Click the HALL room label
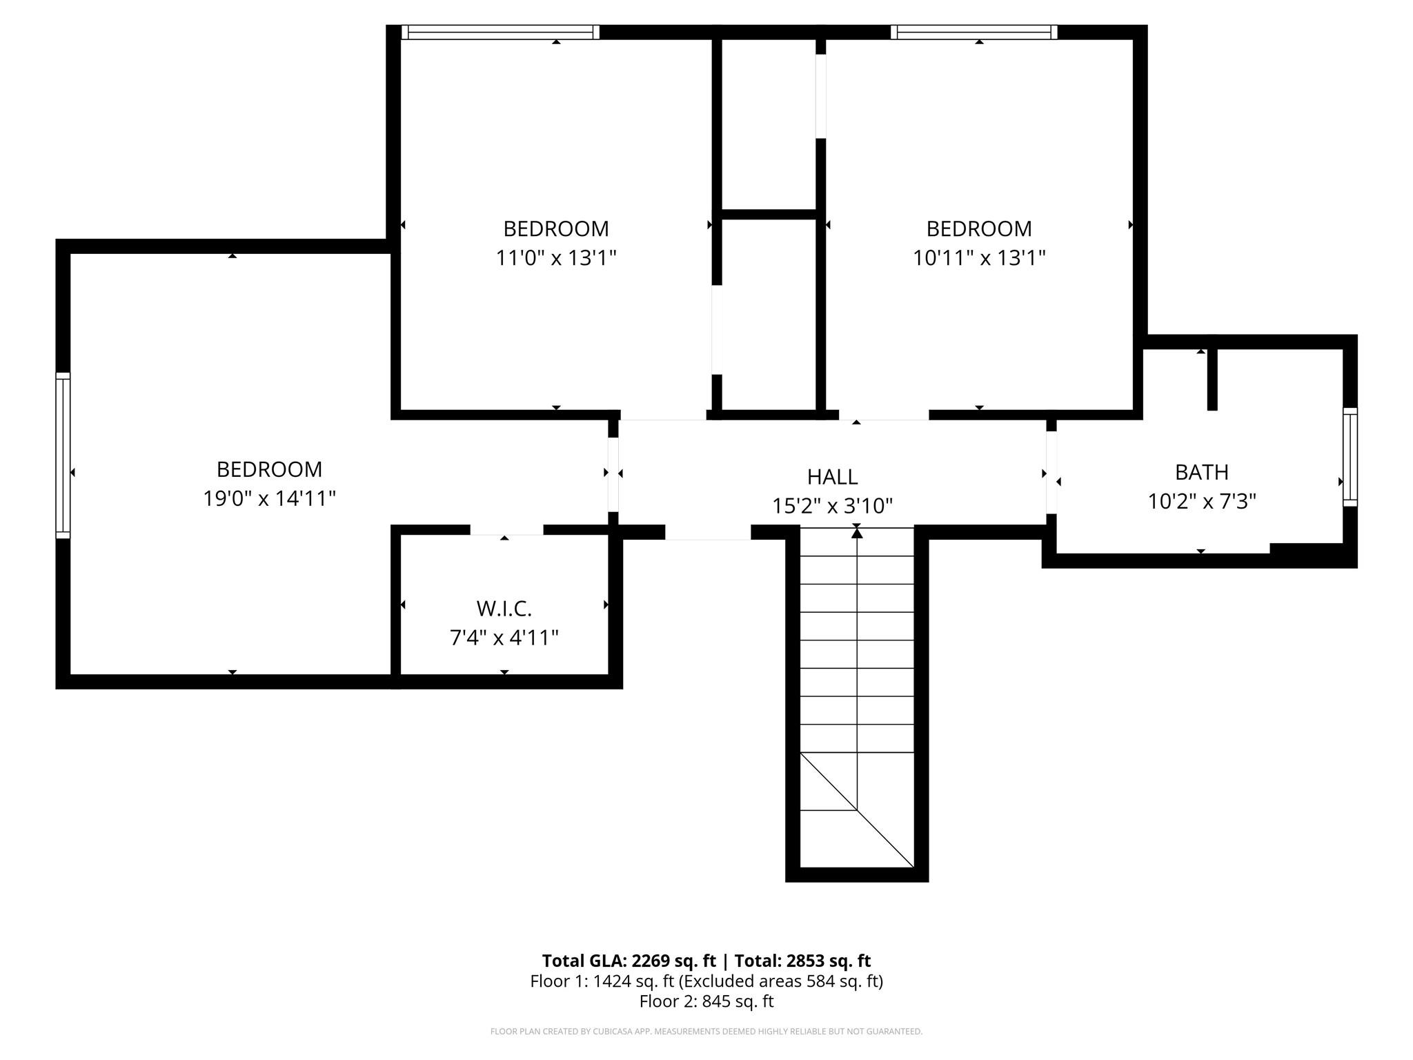point(832,477)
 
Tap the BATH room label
point(1201,472)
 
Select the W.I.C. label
point(504,609)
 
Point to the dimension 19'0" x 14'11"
point(269,498)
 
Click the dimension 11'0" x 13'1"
point(555,258)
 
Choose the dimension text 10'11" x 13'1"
point(978,258)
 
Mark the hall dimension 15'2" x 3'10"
point(832,506)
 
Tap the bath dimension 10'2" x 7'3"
point(1201,501)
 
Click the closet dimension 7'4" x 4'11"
point(504,638)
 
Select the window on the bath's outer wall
point(1350,457)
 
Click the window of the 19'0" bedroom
point(63,455)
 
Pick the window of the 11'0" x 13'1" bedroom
point(500,32)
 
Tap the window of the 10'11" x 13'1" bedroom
point(974,32)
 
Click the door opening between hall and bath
point(1051,473)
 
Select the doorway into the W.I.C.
point(506,530)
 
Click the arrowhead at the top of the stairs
point(857,531)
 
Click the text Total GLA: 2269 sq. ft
point(629,961)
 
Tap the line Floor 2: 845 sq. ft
point(706,1001)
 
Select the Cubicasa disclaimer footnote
point(706,1032)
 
